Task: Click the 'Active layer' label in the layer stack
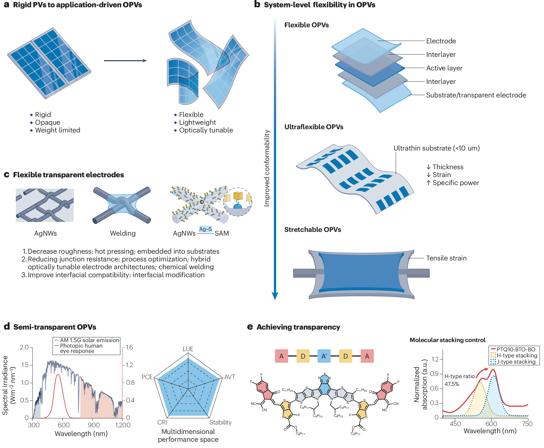(x=444, y=68)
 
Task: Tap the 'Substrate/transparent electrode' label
(x=476, y=95)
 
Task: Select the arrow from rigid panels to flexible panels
(x=125, y=61)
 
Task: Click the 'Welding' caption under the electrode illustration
(x=123, y=233)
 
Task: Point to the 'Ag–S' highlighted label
(x=205, y=229)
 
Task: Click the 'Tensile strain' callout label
(x=446, y=258)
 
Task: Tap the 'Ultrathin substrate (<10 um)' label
(x=436, y=148)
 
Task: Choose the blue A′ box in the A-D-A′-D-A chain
(x=324, y=356)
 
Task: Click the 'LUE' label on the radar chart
(x=188, y=349)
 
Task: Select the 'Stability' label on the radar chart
(x=220, y=422)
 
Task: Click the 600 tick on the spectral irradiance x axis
(x=63, y=425)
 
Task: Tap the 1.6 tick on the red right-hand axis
(x=129, y=347)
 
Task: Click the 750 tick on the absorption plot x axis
(x=527, y=423)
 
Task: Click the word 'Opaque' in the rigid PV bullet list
(x=48, y=122)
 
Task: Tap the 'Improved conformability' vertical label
(x=267, y=168)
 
